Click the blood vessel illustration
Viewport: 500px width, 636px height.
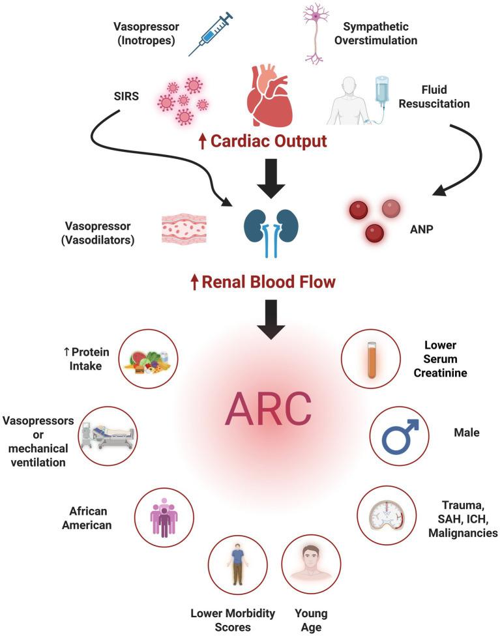point(184,229)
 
